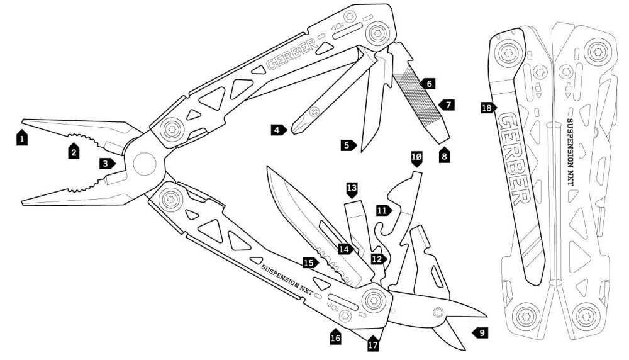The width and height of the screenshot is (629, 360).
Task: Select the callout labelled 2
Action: click(74, 151)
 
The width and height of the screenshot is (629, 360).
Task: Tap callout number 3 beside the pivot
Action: click(107, 163)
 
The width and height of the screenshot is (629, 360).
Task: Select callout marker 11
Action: click(382, 210)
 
